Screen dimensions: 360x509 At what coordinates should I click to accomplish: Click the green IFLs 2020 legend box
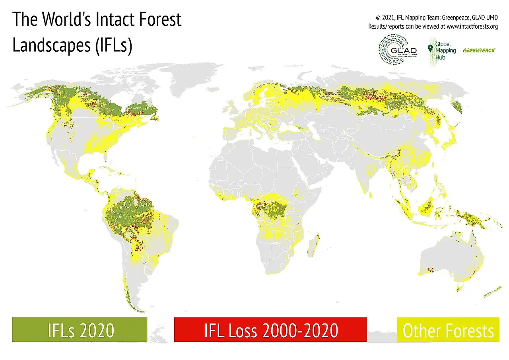[80, 330]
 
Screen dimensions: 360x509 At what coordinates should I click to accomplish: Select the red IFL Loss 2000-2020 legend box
[270, 330]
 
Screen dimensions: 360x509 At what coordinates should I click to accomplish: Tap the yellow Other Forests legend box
[448, 330]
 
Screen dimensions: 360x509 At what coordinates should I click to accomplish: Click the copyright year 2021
[387, 18]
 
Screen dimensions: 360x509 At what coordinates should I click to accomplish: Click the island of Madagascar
[315, 245]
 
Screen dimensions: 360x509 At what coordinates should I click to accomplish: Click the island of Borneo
[429, 207]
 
